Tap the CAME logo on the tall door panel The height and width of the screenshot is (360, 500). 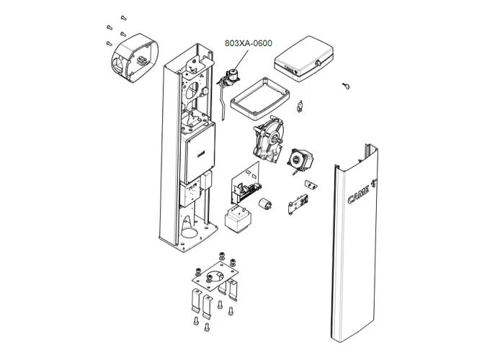[357, 192]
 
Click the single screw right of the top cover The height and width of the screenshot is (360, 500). [346, 86]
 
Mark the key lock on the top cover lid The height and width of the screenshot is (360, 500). [318, 64]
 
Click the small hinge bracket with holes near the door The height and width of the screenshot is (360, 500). [299, 205]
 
